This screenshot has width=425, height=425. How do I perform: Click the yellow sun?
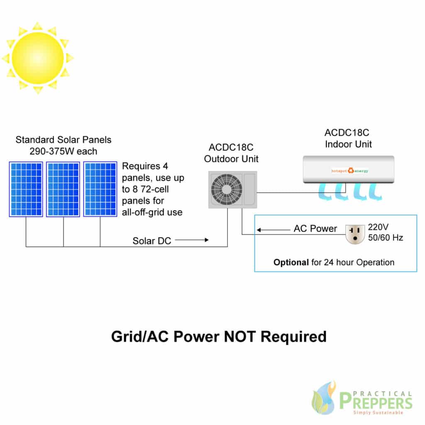click(38, 57)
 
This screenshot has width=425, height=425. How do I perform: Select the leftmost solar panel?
click(26, 189)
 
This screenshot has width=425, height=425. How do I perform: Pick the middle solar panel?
click(63, 189)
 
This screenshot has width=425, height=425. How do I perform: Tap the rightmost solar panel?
click(100, 189)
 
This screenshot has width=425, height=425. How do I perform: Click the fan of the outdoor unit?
click(226, 189)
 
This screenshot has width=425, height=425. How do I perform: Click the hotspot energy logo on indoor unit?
click(350, 171)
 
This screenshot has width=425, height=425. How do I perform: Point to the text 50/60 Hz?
click(386, 238)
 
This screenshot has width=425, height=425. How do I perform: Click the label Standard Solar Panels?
click(64, 139)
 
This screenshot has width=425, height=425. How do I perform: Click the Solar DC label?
click(152, 241)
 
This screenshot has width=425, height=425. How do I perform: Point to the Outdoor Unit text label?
click(234, 159)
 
